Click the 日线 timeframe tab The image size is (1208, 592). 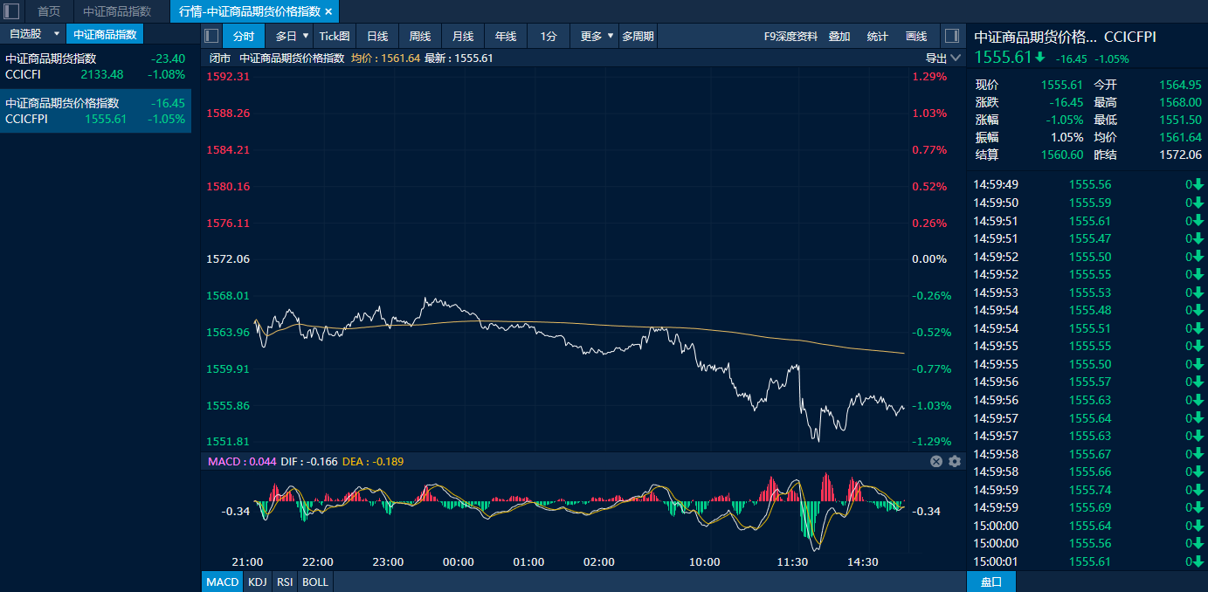coord(377,36)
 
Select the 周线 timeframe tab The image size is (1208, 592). coord(419,36)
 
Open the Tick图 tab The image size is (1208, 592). coord(335,36)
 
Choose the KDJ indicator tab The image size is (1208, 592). coord(258,582)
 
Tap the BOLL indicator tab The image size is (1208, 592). coord(315,582)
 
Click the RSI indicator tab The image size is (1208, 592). coord(285,582)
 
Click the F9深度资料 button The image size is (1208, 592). coord(790,36)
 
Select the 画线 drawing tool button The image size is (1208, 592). coord(915,36)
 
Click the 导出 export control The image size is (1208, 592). coord(942,59)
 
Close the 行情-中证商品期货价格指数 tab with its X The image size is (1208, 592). coord(328,11)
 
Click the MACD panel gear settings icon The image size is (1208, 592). coord(955,462)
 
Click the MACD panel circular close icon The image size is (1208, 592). coord(936,462)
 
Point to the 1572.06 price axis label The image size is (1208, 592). coord(228,258)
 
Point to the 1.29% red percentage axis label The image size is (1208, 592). coord(929,77)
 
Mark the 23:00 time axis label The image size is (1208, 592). coord(388,561)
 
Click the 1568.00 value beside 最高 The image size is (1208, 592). coord(1180,102)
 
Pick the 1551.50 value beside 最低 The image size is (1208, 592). coord(1180,120)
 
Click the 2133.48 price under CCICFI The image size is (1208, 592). coord(102,74)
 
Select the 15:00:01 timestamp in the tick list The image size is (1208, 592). coord(996,561)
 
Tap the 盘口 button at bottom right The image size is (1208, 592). coord(991,582)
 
